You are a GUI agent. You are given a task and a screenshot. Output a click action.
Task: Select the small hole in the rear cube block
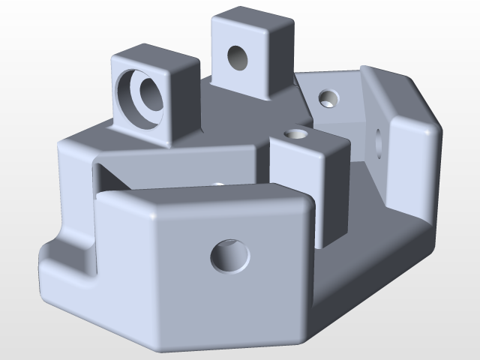[238, 58]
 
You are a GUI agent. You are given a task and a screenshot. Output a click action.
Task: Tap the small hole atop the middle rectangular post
[297, 135]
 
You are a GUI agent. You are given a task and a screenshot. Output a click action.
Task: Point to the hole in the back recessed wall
[328, 97]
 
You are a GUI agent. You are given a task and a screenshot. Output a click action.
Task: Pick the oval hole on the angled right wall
[377, 143]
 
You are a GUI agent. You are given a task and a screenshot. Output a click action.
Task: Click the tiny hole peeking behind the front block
[218, 183]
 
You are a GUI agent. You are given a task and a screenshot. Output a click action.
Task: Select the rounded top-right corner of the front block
[304, 207]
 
